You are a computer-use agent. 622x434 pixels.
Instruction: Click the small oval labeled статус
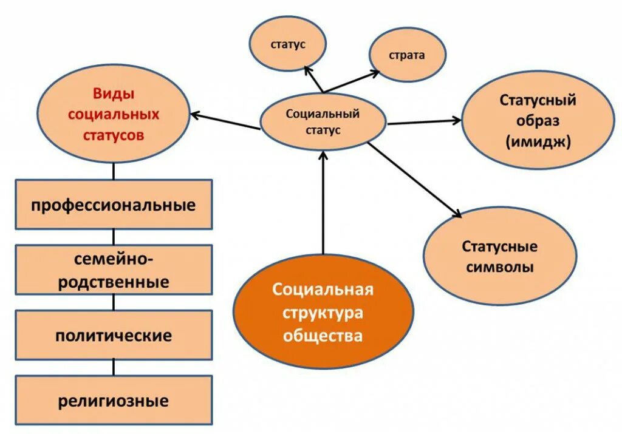tap(287, 44)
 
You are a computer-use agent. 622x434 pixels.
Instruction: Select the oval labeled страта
tap(408, 55)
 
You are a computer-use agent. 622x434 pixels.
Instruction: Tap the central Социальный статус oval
tap(323, 121)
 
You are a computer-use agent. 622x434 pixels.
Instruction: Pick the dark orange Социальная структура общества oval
tap(323, 313)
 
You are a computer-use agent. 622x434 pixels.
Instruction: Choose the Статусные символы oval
tap(499, 256)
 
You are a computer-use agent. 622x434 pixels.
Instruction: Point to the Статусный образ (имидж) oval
tap(538, 120)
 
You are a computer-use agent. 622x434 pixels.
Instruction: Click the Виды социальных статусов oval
tap(114, 114)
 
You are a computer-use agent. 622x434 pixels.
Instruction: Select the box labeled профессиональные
tap(114, 205)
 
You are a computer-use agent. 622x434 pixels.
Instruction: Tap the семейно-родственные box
tap(114, 270)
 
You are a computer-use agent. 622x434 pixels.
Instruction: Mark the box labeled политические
tap(114, 335)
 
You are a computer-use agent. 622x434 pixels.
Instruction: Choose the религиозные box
tap(114, 401)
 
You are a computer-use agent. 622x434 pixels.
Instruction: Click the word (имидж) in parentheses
tap(538, 141)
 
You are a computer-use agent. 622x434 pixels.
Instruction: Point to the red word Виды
tap(114, 94)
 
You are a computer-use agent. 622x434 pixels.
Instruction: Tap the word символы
tap(500, 266)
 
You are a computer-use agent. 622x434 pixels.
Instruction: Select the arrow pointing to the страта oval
tap(351, 81)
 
